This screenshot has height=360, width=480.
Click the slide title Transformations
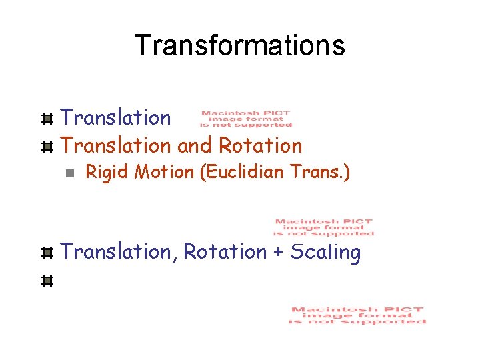[x=239, y=45]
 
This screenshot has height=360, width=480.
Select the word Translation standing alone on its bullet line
[x=116, y=118]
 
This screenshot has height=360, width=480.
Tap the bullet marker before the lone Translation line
[x=47, y=119]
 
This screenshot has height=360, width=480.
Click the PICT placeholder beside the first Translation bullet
[x=246, y=119]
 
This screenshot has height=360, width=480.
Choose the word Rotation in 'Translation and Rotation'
[x=261, y=145]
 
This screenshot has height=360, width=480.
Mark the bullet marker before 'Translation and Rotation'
[x=47, y=145]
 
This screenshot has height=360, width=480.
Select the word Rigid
[x=107, y=173]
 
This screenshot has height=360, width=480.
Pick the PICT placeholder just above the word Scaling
[x=324, y=227]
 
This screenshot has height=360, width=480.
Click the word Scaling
[x=326, y=253]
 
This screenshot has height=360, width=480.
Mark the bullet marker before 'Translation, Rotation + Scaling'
[x=47, y=253]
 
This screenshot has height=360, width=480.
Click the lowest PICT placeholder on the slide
[x=357, y=315]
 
